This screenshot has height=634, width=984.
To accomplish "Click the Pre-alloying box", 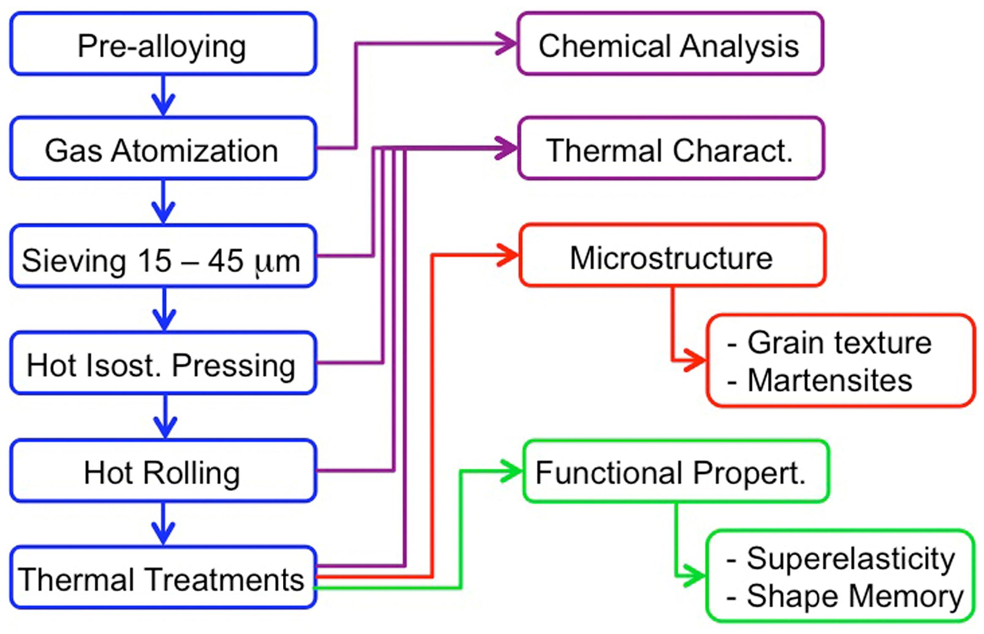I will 163,44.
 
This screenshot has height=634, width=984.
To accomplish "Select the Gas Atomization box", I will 163,149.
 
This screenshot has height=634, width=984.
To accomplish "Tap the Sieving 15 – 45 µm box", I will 163,257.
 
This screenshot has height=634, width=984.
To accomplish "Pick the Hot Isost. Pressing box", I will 163,363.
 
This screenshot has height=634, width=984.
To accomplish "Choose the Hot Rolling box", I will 163,471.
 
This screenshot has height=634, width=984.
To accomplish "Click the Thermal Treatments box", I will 163,577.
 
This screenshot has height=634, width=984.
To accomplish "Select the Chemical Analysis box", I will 670,44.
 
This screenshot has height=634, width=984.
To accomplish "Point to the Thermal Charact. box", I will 670,149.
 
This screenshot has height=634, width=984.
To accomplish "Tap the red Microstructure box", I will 672,256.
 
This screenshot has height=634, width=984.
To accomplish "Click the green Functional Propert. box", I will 675,471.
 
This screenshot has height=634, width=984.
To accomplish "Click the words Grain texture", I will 839,342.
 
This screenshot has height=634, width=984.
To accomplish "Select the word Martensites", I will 829,380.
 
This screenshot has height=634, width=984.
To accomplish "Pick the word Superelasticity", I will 850,558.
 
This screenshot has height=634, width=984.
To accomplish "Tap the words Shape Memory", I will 854,596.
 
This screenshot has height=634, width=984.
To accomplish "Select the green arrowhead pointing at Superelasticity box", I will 694,575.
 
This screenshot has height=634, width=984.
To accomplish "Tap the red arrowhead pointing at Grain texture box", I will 696,361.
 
